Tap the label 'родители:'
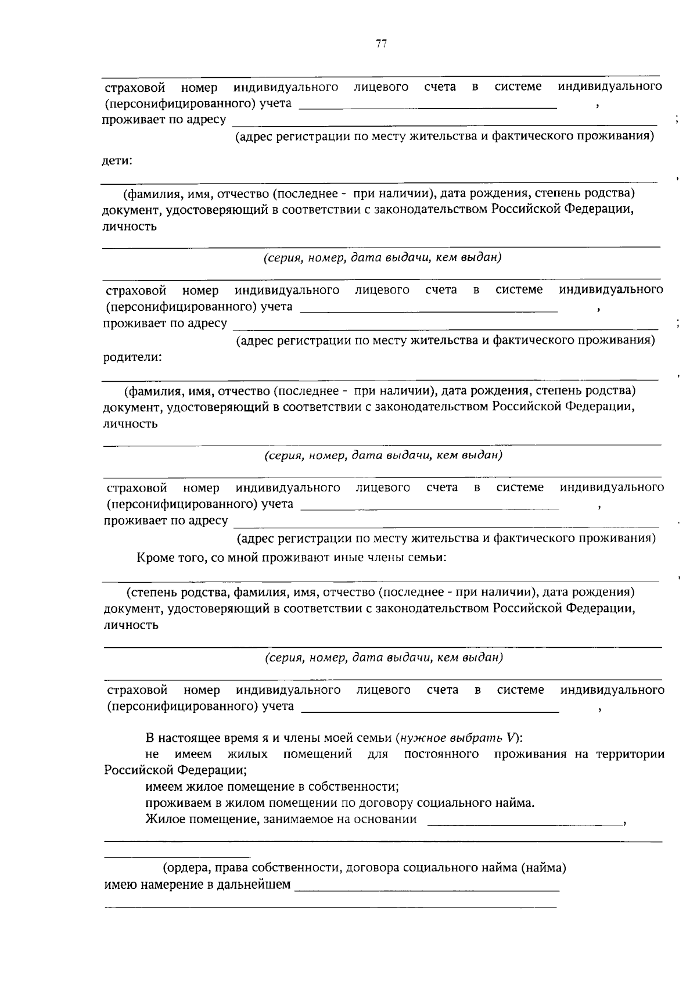(x=132, y=357)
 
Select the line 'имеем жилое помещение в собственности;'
(x=272, y=787)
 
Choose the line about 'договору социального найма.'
(x=340, y=803)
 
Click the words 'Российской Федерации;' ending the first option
(x=175, y=770)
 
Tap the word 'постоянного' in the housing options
(x=441, y=754)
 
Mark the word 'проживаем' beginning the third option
(x=173, y=803)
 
